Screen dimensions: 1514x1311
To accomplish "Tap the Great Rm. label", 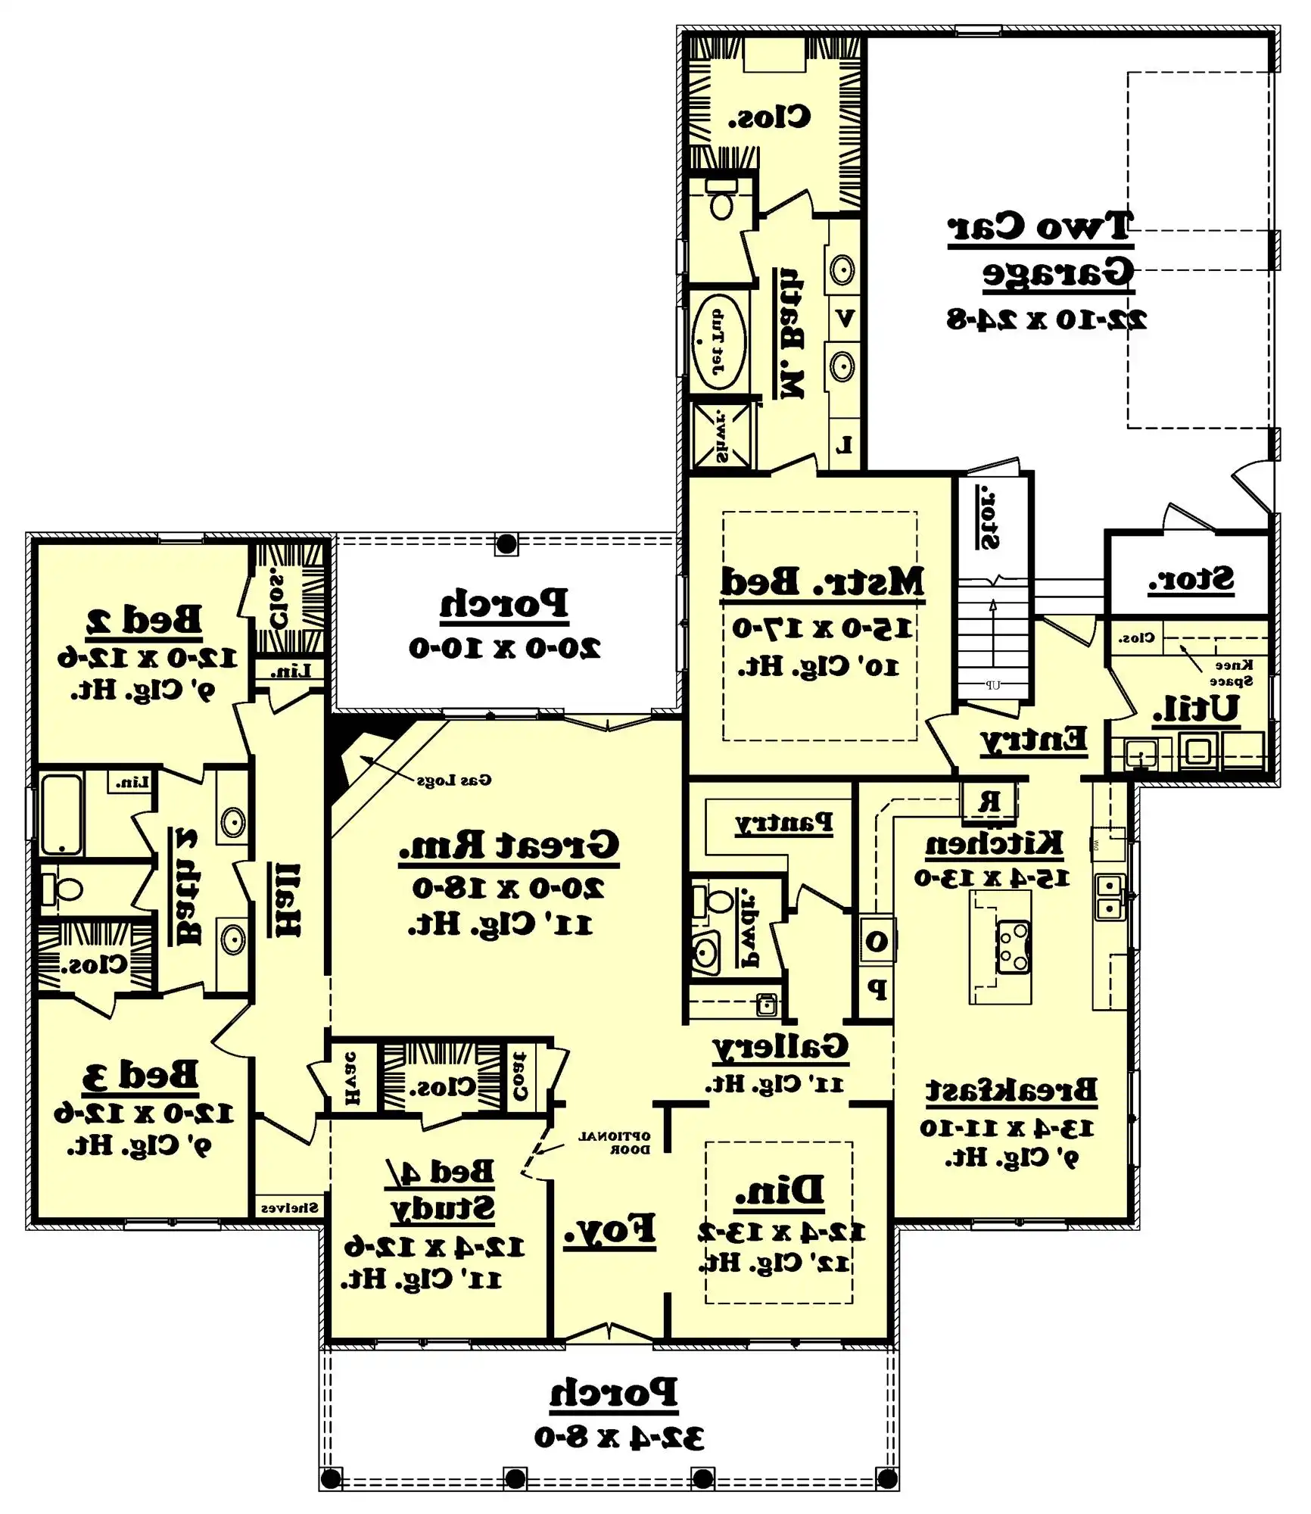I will point(509,845).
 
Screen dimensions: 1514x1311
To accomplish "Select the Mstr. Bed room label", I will point(822,581).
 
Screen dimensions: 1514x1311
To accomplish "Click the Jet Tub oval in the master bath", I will point(718,342).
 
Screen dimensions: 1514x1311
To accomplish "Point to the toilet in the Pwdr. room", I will point(715,901).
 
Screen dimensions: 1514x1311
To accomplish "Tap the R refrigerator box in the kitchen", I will point(989,801).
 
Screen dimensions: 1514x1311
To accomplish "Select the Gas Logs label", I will point(453,780).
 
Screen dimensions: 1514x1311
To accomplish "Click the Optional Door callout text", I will point(614,1142).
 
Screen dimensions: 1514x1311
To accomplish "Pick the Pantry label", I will point(783,822).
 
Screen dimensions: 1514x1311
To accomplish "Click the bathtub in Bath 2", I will point(61,814).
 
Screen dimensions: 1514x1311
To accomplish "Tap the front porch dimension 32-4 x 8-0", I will point(618,1437).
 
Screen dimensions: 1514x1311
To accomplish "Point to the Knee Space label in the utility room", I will point(1233,673).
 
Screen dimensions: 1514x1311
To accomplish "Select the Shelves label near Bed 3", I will point(289,1207).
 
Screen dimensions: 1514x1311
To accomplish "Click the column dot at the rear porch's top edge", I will point(506,544).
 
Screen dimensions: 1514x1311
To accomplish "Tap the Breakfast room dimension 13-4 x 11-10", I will point(1007,1128).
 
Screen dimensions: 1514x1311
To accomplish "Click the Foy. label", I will point(609,1229).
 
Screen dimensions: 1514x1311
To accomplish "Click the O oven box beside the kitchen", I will point(876,941).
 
